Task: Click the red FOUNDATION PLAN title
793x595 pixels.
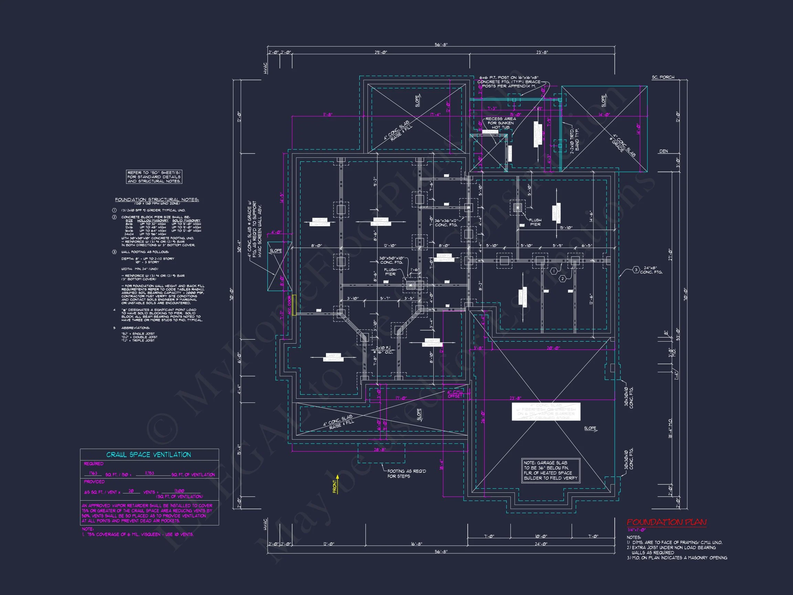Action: (x=666, y=522)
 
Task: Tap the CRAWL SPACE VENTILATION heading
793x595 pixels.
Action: (x=148, y=455)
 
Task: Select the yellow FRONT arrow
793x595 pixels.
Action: (x=337, y=484)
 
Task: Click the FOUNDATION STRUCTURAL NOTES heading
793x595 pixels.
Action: (x=157, y=199)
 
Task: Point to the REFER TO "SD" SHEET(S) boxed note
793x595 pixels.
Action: (x=154, y=177)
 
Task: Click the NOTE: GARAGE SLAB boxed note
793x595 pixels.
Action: (x=550, y=470)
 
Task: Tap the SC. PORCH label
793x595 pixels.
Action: (x=663, y=77)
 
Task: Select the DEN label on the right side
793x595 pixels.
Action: (x=663, y=151)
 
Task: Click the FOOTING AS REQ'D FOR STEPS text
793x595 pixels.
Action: (x=406, y=473)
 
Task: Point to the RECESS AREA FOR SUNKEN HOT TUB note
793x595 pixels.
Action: (x=500, y=123)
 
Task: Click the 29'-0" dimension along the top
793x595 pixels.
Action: (x=381, y=52)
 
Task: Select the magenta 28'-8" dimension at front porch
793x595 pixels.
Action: (x=380, y=450)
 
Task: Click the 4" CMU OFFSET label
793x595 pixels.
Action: (x=455, y=394)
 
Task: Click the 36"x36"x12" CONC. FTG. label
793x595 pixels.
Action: (x=446, y=223)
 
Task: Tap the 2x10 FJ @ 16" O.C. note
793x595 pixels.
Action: (x=384, y=350)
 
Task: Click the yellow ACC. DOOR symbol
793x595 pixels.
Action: (x=294, y=305)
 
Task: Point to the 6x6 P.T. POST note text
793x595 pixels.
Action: (x=509, y=82)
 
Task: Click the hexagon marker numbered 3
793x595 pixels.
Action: (x=636, y=270)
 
